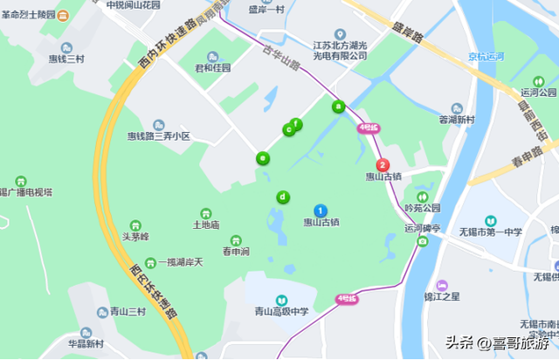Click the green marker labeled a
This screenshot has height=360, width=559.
339,107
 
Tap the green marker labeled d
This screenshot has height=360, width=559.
282,197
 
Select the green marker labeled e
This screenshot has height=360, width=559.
262,159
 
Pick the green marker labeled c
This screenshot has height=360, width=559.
288,129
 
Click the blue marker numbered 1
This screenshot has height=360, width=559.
321,211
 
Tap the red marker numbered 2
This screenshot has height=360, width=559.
382,164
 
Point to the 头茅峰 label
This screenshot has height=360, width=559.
135,236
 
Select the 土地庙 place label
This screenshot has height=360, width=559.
206,225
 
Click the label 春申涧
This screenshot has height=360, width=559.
235,252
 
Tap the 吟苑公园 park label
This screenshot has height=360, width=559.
423,208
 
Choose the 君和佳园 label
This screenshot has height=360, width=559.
212,67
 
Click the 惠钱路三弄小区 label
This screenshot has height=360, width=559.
159,136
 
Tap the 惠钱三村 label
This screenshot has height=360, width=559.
66,59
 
